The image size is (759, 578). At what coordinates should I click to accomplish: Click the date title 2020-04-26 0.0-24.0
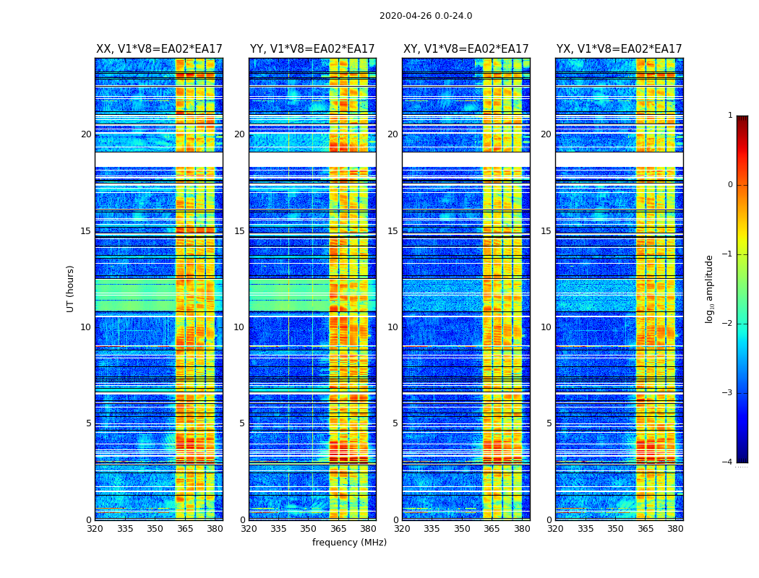pos(426,16)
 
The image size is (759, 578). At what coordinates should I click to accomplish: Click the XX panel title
pos(159,49)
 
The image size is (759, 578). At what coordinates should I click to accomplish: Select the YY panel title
pos(312,49)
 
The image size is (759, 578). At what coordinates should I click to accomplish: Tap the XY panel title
pos(466,49)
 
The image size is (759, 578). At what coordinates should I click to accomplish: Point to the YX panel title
pos(619,49)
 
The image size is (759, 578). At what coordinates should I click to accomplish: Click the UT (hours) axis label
pos(71,288)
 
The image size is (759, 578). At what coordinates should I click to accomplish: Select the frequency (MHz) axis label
pos(349,543)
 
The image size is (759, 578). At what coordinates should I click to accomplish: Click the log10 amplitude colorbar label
pos(710,288)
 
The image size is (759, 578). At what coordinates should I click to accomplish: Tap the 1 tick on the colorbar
pos(730,116)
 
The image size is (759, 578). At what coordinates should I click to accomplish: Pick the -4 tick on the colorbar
pos(729,462)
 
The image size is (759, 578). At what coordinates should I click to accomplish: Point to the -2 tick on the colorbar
pos(729,324)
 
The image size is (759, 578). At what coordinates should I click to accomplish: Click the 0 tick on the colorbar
pos(730,185)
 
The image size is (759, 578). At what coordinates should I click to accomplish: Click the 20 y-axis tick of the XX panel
pos(86,134)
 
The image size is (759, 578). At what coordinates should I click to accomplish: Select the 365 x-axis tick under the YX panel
pos(645,529)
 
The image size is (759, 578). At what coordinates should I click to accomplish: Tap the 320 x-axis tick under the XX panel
pos(95,529)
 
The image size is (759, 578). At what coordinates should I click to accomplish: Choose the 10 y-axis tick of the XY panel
pos(393,327)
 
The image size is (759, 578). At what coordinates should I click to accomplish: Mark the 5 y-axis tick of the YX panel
pos(549,423)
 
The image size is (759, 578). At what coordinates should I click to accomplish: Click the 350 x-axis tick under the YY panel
pos(309,529)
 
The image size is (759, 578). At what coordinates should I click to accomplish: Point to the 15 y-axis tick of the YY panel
pos(239,231)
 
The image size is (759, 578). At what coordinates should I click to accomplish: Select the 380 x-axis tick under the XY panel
pos(522,529)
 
